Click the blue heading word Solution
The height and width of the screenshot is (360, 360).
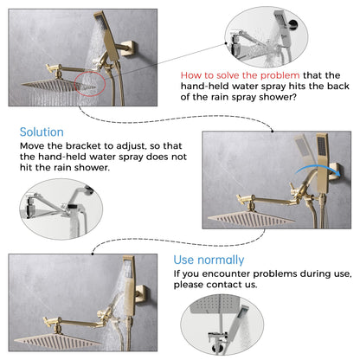(x=42, y=132)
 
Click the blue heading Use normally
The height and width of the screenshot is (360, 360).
(x=209, y=260)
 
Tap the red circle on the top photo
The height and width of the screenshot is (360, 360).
(x=90, y=84)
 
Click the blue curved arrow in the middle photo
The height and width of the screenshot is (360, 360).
(x=318, y=170)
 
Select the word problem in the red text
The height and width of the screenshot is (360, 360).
(x=280, y=75)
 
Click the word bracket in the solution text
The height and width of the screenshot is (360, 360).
(x=83, y=146)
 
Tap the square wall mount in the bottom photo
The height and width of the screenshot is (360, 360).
(x=142, y=293)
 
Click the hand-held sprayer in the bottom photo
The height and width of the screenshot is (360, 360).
(x=128, y=286)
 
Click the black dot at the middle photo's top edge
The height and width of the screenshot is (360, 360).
(x=273, y=132)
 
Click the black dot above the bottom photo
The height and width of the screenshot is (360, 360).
(x=93, y=254)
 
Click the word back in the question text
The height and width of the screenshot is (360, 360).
(x=338, y=86)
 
